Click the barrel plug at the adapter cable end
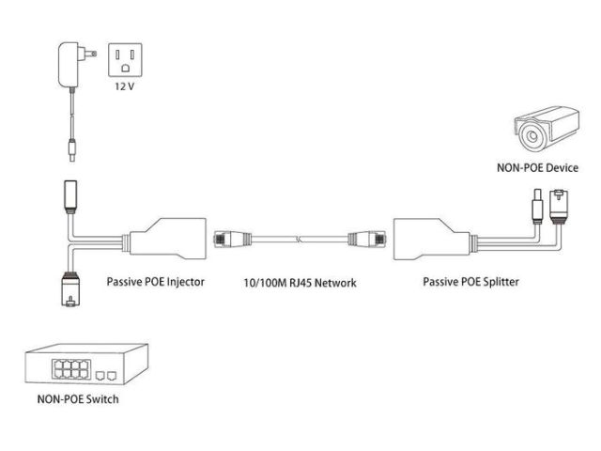(71, 147)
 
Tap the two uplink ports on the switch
(106, 373)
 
